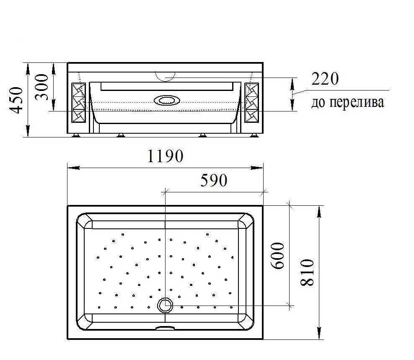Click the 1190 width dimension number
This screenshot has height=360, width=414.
(165, 156)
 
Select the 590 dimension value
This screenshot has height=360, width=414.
(214, 180)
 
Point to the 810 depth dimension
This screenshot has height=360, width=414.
(308, 272)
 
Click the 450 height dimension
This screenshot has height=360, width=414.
(16, 100)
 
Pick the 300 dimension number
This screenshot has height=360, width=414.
(42, 87)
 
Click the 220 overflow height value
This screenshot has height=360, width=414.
(325, 79)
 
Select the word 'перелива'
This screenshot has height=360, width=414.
(357, 102)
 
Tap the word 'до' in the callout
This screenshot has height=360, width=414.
(318, 103)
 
